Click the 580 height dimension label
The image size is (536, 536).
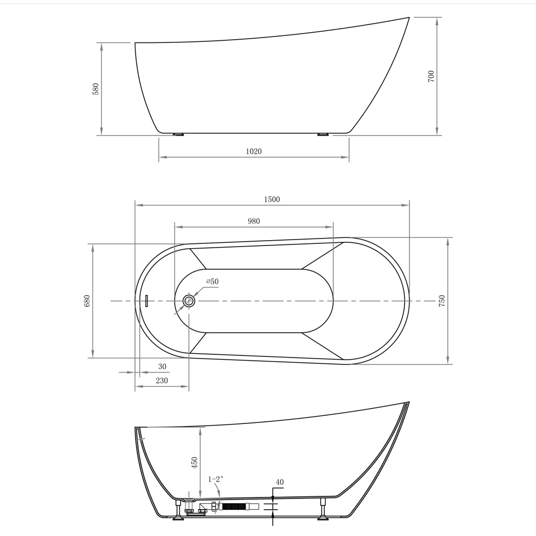point(96,89)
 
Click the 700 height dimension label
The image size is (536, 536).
point(431,76)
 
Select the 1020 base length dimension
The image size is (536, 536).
point(254,151)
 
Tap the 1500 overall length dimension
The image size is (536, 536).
point(272,199)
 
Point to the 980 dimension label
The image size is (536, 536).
point(254,221)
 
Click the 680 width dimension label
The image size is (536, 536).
point(87,301)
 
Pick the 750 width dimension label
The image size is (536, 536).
point(442,301)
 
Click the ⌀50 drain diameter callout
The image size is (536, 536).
point(212,281)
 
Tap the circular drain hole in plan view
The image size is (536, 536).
point(188,301)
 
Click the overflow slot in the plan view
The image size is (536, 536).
point(146,301)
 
